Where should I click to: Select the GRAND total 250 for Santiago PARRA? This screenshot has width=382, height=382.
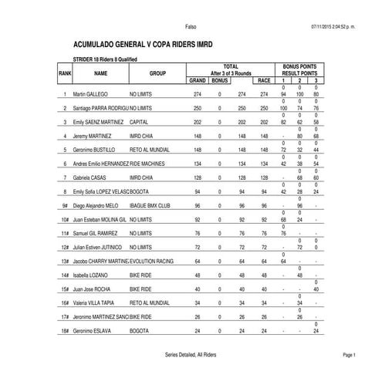click(x=197, y=108)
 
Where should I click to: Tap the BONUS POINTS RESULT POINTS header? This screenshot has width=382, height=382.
click(x=300, y=70)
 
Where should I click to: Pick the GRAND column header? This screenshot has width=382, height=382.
click(x=197, y=79)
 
